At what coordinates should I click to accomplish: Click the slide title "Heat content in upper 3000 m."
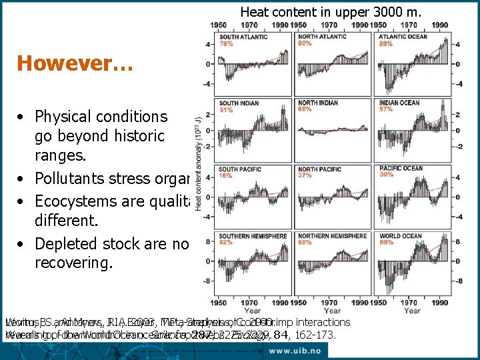331,11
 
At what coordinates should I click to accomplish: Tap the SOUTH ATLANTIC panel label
243,37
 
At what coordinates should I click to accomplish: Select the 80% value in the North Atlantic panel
305,43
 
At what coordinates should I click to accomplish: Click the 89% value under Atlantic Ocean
385,43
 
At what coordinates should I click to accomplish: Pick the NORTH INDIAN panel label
318,103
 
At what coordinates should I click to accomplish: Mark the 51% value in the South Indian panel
227,109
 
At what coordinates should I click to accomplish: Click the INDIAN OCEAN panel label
399,103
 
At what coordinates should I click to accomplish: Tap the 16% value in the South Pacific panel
227,175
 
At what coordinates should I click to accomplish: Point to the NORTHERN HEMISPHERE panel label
332,236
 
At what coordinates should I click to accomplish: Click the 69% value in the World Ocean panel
385,243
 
